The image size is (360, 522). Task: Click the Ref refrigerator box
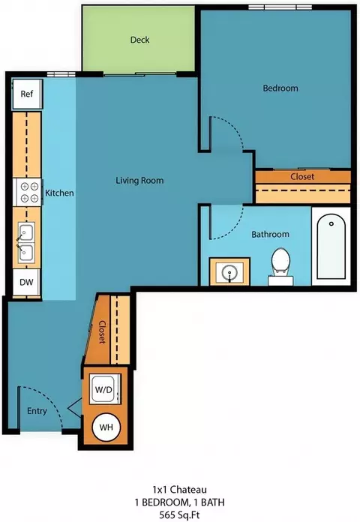tap(27, 94)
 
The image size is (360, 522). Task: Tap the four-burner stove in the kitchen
tap(27, 193)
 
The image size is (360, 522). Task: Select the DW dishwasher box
tap(26, 282)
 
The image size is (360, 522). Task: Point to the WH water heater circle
tap(106, 427)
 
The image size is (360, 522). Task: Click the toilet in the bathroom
tap(280, 266)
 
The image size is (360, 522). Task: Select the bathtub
tap(331, 246)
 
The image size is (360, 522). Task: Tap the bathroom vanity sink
tap(229, 271)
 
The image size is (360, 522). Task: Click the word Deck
tap(139, 40)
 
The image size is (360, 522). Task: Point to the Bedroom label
tap(280, 88)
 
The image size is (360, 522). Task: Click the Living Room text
tap(139, 181)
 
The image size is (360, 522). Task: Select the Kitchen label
tap(59, 193)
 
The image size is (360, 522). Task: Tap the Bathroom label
tap(270, 234)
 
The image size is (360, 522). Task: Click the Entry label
tap(37, 411)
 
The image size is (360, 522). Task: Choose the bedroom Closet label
tap(302, 176)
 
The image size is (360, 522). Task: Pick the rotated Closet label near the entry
tap(102, 332)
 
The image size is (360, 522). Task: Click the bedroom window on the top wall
tap(280, 7)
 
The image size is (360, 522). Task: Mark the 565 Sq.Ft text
tap(179, 514)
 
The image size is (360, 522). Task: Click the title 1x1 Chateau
tap(179, 489)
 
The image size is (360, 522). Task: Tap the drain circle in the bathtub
tap(331, 223)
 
